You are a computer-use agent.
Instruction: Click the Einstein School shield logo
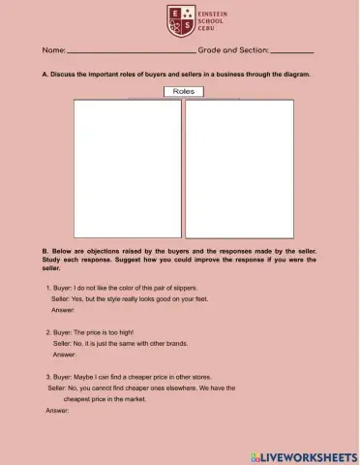coord(179,20)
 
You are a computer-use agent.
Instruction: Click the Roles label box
coord(184,91)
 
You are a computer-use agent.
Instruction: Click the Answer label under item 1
coord(63,311)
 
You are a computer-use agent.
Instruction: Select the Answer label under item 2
coord(65,355)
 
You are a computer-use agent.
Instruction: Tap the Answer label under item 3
coord(57,411)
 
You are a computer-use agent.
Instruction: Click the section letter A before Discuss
coord(45,74)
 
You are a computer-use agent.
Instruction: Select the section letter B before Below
coord(45,250)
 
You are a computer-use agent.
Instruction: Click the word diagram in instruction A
coord(300,74)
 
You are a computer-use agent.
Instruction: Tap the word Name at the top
coord(53,49)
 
